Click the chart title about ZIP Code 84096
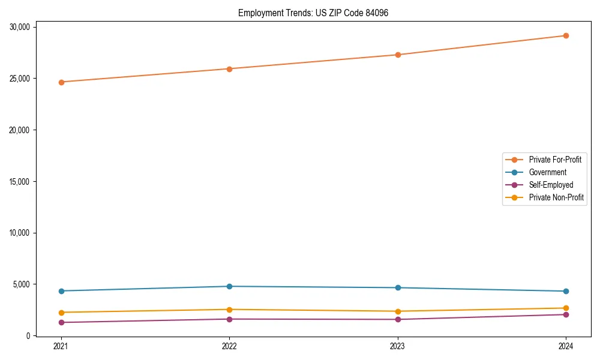pyautogui.click(x=313, y=13)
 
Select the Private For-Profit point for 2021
pyautogui.click(x=61, y=82)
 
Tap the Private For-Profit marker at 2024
pyautogui.click(x=566, y=35)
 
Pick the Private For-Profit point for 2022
pyautogui.click(x=229, y=69)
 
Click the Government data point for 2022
pyautogui.click(x=229, y=286)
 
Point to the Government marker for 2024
pyautogui.click(x=566, y=292)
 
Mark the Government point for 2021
pyautogui.click(x=61, y=291)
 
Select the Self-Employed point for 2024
pyautogui.click(x=566, y=314)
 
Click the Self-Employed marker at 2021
pyautogui.click(x=61, y=322)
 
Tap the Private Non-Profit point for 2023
pyautogui.click(x=397, y=311)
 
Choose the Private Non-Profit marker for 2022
pyautogui.click(x=229, y=310)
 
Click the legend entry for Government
pyautogui.click(x=547, y=172)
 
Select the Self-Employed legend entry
pyautogui.click(x=551, y=185)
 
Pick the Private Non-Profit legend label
pyautogui.click(x=556, y=197)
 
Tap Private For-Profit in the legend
pyautogui.click(x=555, y=160)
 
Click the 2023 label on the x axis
pyautogui.click(x=397, y=346)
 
